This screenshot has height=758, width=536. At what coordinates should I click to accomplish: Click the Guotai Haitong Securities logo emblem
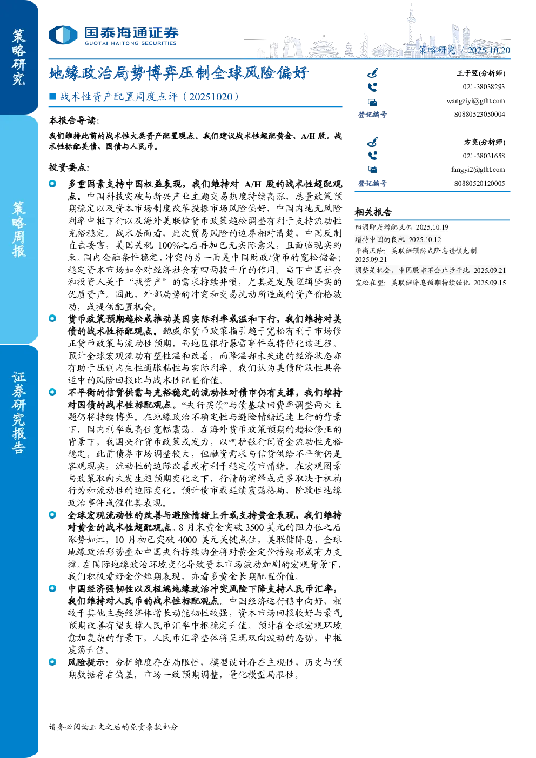pyautogui.click(x=63, y=35)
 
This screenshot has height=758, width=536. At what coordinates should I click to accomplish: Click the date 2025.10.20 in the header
pyautogui.click(x=488, y=50)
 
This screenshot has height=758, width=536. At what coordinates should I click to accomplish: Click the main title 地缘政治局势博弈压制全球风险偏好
pyautogui.click(x=178, y=73)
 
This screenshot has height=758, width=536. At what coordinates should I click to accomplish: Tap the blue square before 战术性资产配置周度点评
pyautogui.click(x=52, y=97)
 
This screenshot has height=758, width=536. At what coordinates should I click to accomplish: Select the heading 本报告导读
pyautogui.click(x=74, y=120)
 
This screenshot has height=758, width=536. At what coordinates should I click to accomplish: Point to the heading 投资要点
pyautogui.click(x=69, y=167)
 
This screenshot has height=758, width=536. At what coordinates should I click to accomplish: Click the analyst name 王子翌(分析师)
pyautogui.click(x=481, y=73)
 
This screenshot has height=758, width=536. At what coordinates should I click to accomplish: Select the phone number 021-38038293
pyautogui.click(x=484, y=87)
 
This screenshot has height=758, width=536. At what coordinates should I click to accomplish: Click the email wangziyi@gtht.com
pyautogui.click(x=475, y=101)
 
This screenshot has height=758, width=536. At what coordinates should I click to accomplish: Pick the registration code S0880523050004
pyautogui.click(x=479, y=115)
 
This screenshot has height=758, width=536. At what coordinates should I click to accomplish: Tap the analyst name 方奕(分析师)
pyautogui.click(x=485, y=142)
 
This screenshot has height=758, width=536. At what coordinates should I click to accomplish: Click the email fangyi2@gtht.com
pyautogui.click(x=478, y=170)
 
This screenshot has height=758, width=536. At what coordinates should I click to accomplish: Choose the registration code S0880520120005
pyautogui.click(x=479, y=183)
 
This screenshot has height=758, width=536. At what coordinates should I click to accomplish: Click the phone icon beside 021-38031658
pyautogui.click(x=372, y=156)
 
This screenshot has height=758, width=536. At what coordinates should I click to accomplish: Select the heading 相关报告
pyautogui.click(x=373, y=212)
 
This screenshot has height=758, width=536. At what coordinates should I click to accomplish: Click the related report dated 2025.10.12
pyautogui.click(x=398, y=239)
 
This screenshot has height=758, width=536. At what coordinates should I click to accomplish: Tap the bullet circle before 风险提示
pyautogui.click(x=52, y=661)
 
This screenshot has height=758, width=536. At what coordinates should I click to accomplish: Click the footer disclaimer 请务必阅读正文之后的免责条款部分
pyautogui.click(x=113, y=727)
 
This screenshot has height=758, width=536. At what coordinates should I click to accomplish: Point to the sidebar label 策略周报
pyautogui.click(x=19, y=230)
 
